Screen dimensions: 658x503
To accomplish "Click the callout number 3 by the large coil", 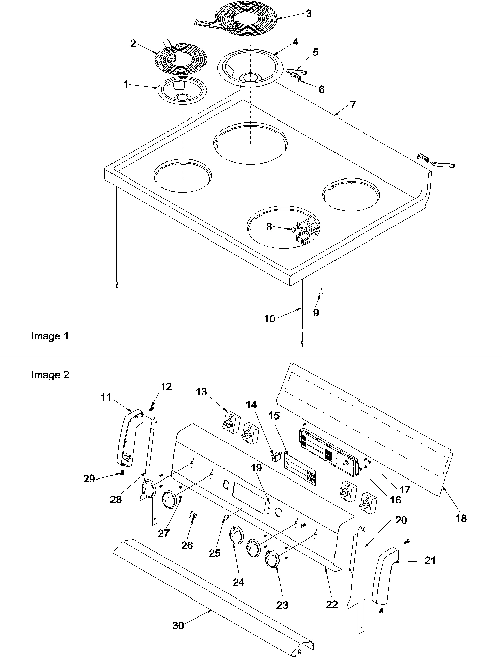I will point(308,14).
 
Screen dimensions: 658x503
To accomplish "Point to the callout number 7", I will point(352,105).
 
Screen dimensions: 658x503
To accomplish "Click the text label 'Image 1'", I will point(49,336).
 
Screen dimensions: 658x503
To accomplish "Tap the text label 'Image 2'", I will point(49,375).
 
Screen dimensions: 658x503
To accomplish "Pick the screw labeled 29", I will point(122,472).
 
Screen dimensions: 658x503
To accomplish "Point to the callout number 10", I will point(270,318).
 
